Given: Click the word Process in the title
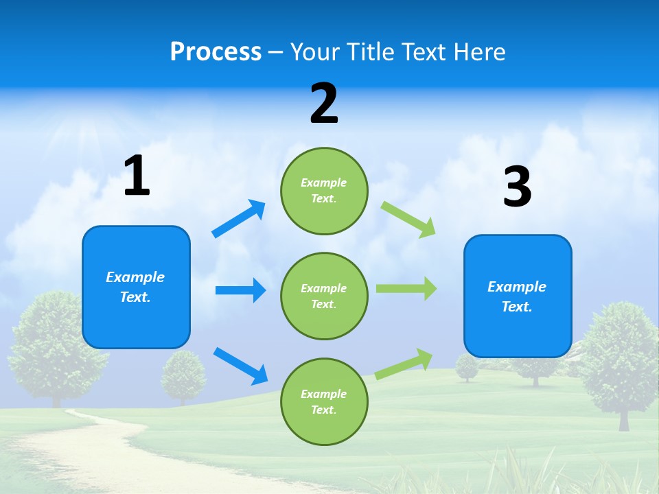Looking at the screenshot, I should (x=216, y=51).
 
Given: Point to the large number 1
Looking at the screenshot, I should (x=137, y=176).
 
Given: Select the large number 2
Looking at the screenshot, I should (x=324, y=104).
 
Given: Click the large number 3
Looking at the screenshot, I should (x=517, y=187).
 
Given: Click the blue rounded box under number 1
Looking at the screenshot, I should (x=136, y=287).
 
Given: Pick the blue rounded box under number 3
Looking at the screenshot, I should (x=517, y=296).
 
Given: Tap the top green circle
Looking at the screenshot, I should (x=324, y=191).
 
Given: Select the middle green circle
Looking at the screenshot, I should (x=324, y=296).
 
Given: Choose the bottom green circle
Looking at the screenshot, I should (x=324, y=401).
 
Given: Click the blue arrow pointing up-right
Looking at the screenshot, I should (x=239, y=219).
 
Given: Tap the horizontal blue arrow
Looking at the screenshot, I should (x=240, y=290).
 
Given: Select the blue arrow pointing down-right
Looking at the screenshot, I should (x=240, y=366).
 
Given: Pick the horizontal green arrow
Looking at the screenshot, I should (x=406, y=289).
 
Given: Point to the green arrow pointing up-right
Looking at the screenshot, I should (x=404, y=363).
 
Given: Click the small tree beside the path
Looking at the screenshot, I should (x=183, y=376).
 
